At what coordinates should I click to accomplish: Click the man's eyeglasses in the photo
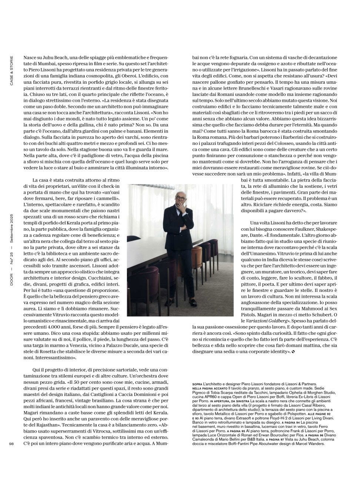click(x=180, y=198)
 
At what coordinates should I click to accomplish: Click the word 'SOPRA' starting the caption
click(x=197, y=384)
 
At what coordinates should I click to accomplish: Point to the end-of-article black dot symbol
click(x=293, y=352)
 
